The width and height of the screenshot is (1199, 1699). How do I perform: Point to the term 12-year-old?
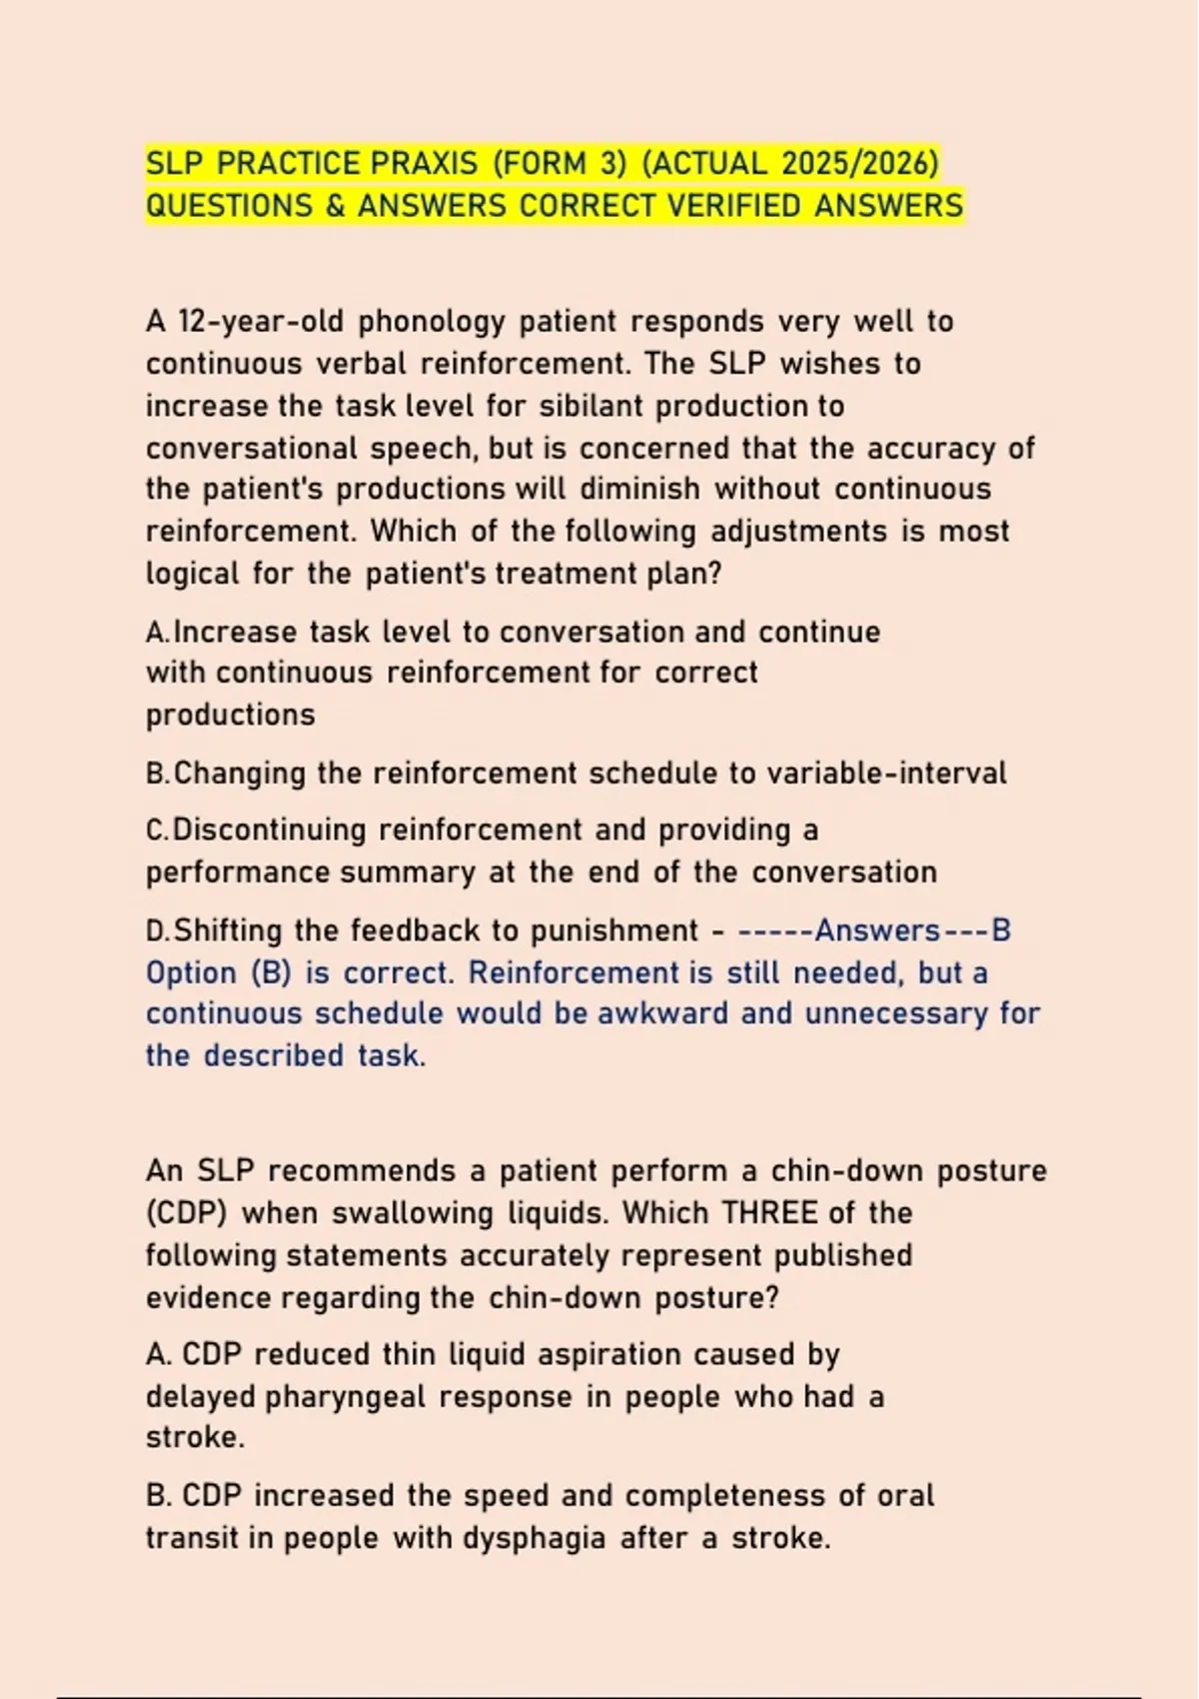pyautogui.click(x=262, y=322)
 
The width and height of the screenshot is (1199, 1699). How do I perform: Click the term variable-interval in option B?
pyautogui.click(x=886, y=774)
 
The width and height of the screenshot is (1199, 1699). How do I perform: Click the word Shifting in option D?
pyautogui.click(x=229, y=931)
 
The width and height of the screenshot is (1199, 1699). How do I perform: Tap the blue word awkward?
pyautogui.click(x=664, y=1013)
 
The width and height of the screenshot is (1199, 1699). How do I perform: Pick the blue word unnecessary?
pyautogui.click(x=897, y=1013)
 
